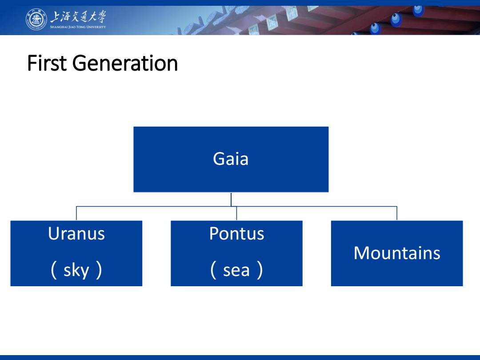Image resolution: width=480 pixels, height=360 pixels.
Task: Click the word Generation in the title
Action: click(x=125, y=63)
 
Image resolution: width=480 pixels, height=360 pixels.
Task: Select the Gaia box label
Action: click(x=231, y=159)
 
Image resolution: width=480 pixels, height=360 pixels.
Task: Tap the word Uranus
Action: click(x=76, y=234)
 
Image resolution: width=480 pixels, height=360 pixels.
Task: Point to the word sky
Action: click(x=76, y=271)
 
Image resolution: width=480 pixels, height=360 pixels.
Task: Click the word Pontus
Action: click(x=236, y=234)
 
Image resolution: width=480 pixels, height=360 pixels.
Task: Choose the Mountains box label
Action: click(x=397, y=253)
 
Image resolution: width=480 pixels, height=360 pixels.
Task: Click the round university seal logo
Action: click(x=36, y=19)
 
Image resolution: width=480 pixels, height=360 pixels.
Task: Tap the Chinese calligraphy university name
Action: click(x=78, y=16)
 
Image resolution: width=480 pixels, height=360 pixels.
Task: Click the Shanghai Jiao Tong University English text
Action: click(x=78, y=27)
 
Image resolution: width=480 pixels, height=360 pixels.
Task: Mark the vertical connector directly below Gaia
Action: click(x=231, y=199)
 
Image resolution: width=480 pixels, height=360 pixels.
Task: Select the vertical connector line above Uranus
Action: click(x=76, y=213)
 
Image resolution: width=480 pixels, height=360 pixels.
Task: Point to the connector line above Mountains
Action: click(x=397, y=213)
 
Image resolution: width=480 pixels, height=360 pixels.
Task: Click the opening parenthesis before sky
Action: click(x=53, y=270)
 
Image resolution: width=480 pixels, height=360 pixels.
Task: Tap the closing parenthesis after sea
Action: click(x=260, y=270)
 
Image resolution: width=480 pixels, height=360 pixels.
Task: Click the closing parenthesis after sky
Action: click(x=99, y=270)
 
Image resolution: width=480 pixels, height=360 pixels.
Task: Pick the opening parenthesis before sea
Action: click(x=213, y=270)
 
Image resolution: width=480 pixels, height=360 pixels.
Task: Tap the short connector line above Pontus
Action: click(x=236, y=213)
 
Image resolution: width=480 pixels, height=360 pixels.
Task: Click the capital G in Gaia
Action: click(x=219, y=159)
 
